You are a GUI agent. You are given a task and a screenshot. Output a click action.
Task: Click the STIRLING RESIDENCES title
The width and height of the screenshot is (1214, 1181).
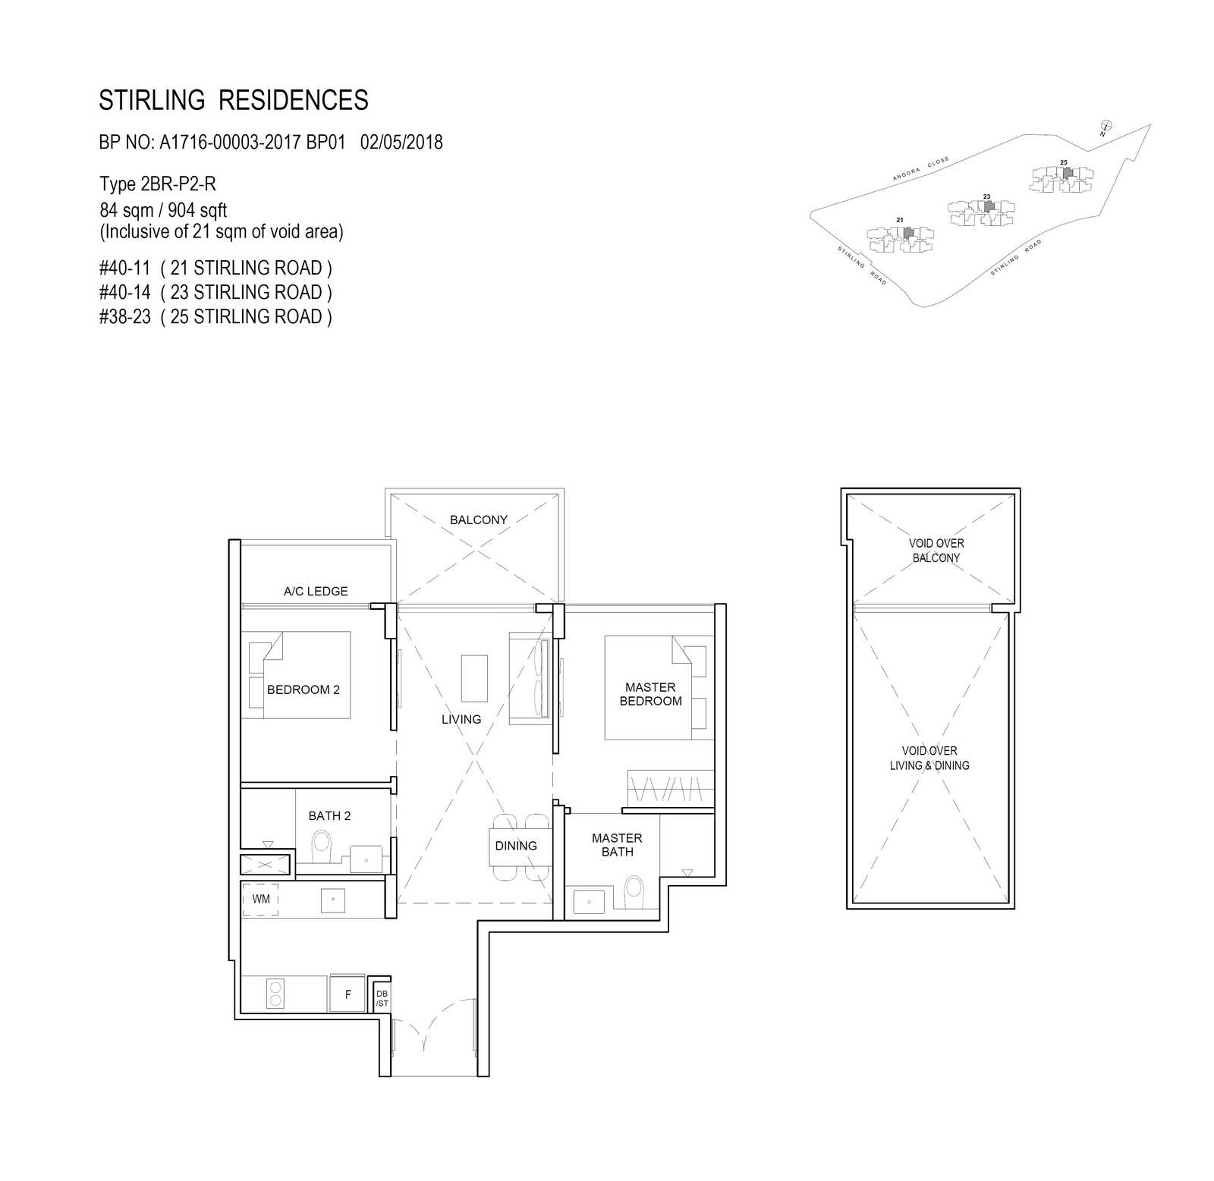pos(234,100)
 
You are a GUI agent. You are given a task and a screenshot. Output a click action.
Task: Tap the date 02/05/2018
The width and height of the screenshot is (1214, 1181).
pos(401,142)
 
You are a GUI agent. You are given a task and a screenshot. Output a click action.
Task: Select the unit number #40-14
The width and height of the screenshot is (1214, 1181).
pos(124,292)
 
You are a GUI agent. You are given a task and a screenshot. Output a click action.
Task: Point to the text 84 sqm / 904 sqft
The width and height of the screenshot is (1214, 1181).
pos(163,210)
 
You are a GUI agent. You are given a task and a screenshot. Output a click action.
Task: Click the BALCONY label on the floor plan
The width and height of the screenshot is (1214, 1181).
pos(478,520)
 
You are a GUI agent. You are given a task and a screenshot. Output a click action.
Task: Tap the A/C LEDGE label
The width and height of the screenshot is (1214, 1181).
pos(316,591)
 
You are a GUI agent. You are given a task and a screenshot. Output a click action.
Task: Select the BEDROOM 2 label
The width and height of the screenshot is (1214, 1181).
pos(303,689)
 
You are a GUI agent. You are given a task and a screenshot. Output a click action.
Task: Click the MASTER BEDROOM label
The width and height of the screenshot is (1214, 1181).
pos(650,694)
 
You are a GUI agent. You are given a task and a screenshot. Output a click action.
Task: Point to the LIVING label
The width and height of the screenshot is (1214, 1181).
pos(461,719)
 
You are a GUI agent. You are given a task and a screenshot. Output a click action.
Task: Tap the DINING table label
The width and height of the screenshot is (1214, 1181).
pos(516,846)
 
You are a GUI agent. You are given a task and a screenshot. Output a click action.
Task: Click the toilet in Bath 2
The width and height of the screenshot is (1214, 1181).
pos(322,845)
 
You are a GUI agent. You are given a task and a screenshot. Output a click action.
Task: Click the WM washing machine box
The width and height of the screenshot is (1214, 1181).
pos(260,900)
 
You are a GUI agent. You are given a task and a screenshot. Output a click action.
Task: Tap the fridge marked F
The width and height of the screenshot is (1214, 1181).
pos(348,994)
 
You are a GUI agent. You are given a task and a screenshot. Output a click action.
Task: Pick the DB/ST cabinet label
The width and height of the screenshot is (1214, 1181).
pos(382,998)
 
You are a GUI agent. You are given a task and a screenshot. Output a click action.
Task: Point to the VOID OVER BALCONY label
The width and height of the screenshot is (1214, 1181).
pos(936,551)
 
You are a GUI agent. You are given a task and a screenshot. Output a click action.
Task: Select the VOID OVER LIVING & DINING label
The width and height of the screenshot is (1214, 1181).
pos(929,758)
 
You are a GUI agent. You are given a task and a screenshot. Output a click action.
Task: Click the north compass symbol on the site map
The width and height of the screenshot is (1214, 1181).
pos(1105,128)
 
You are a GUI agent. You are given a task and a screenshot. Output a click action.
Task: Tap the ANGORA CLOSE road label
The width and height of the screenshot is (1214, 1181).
pos(920,169)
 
